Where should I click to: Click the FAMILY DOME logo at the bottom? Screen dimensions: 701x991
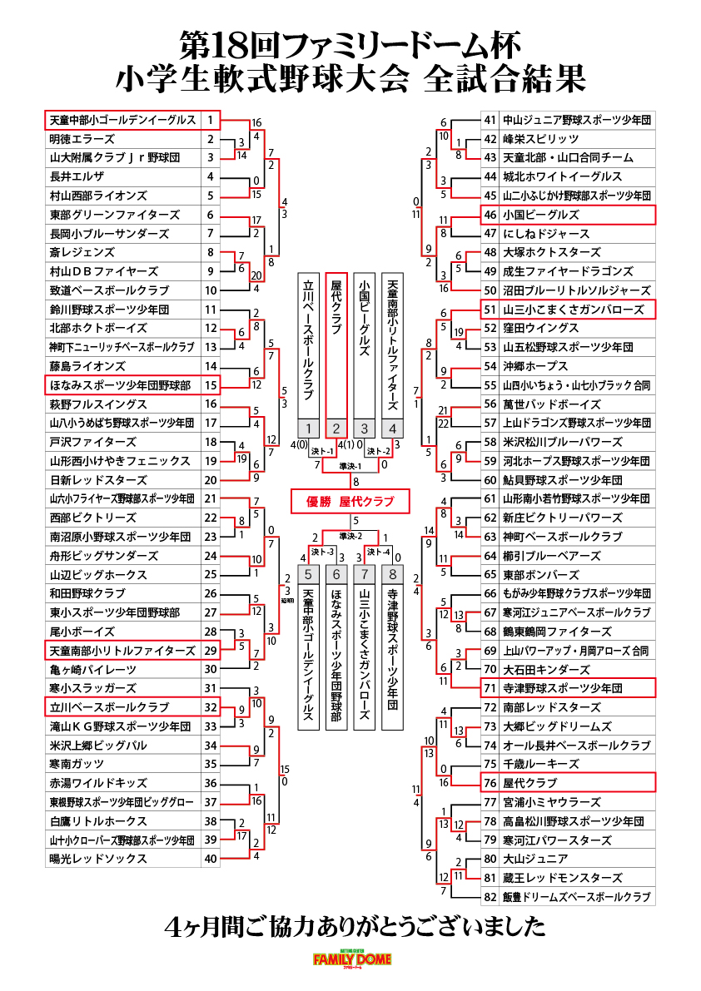pyautogui.click(x=352, y=959)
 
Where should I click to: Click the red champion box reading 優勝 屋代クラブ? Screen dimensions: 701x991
pyautogui.click(x=350, y=502)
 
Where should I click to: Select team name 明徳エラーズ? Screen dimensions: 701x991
pyautogui.click(x=82, y=139)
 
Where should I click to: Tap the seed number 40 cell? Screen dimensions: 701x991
pyautogui.click(x=211, y=859)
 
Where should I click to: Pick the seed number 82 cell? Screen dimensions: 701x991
pyautogui.click(x=490, y=897)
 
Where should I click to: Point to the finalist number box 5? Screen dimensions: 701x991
pyautogui.click(x=309, y=574)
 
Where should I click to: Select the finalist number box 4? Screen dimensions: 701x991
pyautogui.click(x=392, y=429)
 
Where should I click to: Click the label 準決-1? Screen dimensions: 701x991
pyautogui.click(x=350, y=467)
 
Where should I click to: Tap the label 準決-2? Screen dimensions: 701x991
pyautogui.click(x=350, y=536)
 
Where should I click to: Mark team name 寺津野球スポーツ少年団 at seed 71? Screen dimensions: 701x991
pyautogui.click(x=563, y=688)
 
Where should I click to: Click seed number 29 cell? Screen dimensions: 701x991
pyautogui.click(x=211, y=651)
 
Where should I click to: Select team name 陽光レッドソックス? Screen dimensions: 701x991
pyautogui.click(x=98, y=859)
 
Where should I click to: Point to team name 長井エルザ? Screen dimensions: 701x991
pyautogui.click(x=77, y=177)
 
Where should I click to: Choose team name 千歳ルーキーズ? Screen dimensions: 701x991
pyautogui.click(x=541, y=764)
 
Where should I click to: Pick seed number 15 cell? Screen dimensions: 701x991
pyautogui.click(x=211, y=385)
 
